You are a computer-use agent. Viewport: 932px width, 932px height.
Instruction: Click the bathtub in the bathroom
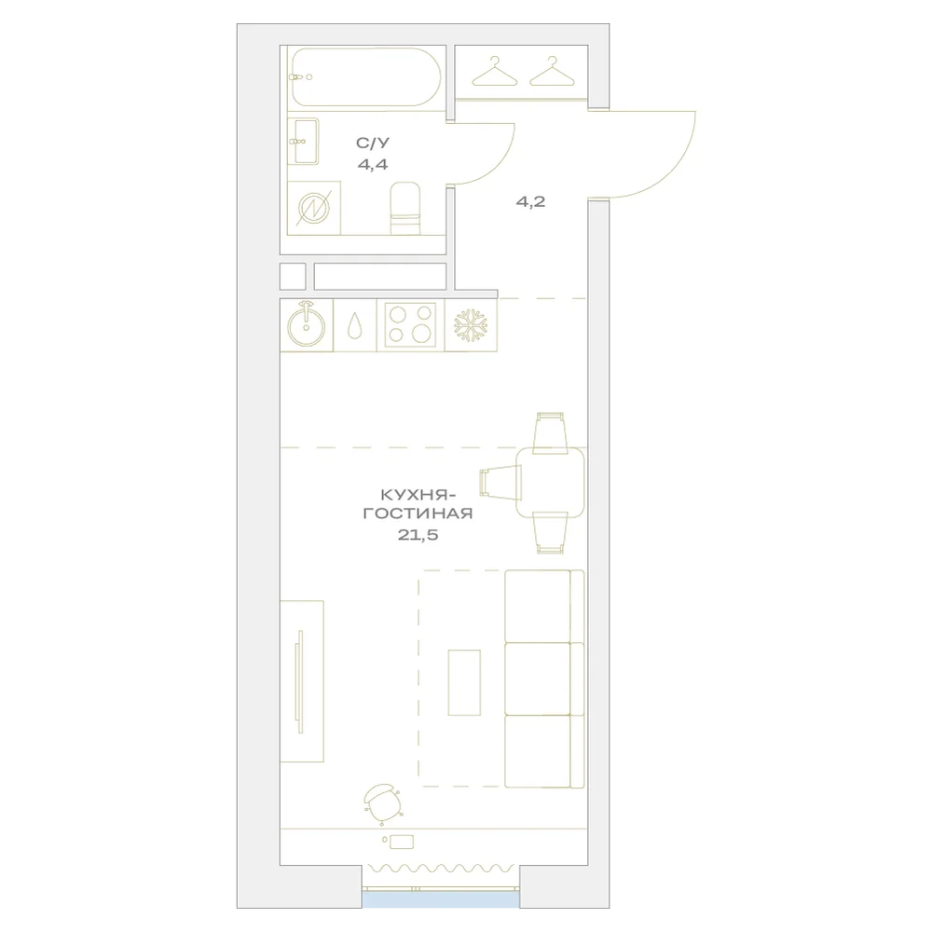tap(365, 77)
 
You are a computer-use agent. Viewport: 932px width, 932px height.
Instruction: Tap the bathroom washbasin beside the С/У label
tap(304, 141)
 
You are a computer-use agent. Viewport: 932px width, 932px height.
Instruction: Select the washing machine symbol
tap(313, 208)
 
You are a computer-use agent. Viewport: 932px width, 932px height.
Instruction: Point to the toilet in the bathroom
tap(405, 208)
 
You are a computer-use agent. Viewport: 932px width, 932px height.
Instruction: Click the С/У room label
tap(373, 143)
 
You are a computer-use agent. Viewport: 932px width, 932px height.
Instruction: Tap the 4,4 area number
tap(373, 164)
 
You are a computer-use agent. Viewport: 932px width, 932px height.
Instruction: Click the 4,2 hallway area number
tap(530, 201)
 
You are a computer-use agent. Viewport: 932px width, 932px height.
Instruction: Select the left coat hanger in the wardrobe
tap(495, 72)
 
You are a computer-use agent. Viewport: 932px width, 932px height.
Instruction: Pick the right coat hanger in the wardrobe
tap(553, 72)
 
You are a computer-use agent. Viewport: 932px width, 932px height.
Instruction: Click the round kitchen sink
tap(306, 325)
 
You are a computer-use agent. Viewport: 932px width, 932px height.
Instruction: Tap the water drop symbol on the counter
tap(355, 326)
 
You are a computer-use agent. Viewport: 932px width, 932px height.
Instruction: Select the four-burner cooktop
tap(410, 325)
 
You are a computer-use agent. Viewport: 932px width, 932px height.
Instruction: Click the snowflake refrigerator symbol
tap(471, 325)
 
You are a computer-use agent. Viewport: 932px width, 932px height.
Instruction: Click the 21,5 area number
tap(418, 535)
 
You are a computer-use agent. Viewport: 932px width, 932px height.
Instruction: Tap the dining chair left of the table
tap(500, 483)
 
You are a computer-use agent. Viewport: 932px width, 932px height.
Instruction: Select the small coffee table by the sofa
tap(464, 682)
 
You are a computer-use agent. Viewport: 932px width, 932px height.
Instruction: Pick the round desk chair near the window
tap(383, 804)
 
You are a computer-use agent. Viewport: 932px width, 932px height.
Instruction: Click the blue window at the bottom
tap(441, 898)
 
